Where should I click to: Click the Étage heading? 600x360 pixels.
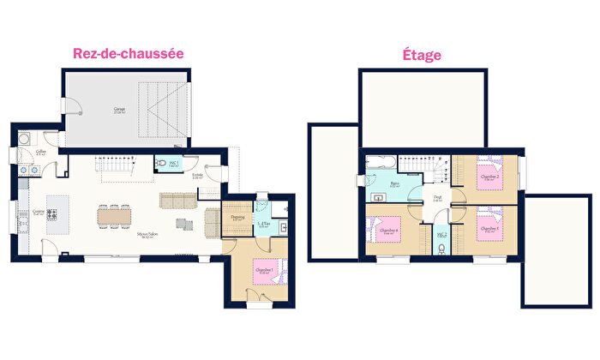(422, 55)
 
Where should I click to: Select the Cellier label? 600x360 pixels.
(40, 153)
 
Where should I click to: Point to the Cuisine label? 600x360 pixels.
(38, 211)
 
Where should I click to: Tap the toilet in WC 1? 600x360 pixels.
(160, 163)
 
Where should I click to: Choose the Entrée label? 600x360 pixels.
(197, 176)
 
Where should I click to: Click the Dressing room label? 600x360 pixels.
(237, 217)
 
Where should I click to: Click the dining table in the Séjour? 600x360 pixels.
(115, 217)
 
